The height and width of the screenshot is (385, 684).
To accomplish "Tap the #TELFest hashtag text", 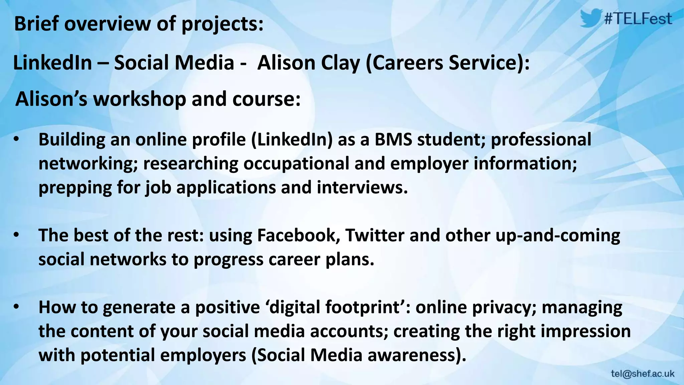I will click(x=638, y=19).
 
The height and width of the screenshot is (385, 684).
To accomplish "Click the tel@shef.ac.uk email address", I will click(x=643, y=374).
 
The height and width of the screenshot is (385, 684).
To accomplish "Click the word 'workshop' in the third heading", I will click(x=139, y=99).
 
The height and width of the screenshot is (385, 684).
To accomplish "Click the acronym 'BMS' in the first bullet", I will click(x=393, y=139).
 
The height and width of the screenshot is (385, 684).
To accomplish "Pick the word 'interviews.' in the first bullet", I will click(x=362, y=187).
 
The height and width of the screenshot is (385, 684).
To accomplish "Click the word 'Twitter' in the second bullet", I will click(x=375, y=235).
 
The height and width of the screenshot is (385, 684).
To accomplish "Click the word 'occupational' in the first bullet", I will click(x=296, y=164).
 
